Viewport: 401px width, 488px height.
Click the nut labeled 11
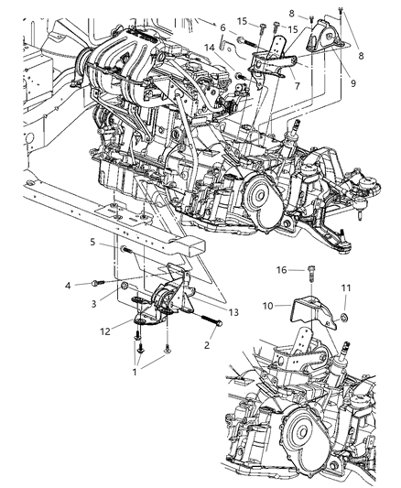(x=341, y=318)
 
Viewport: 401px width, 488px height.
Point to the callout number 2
(x=207, y=346)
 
